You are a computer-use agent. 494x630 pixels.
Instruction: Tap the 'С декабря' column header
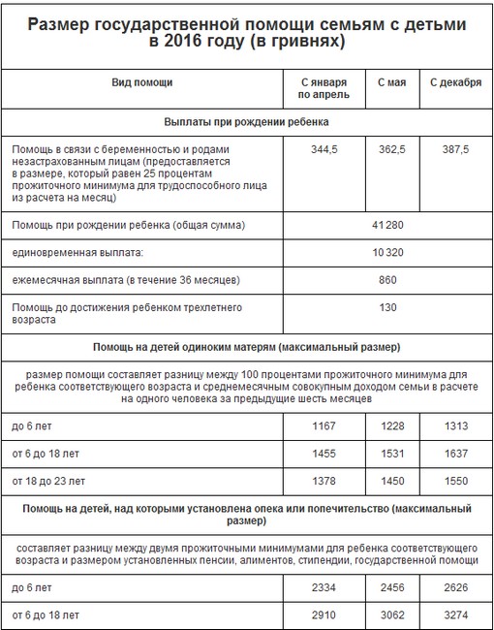click(455, 82)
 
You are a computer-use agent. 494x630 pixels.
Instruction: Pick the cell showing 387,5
click(455, 150)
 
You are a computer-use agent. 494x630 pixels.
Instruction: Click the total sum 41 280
click(386, 225)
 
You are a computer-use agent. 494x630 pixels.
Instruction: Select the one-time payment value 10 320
click(386, 252)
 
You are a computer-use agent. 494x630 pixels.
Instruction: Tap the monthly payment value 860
click(386, 280)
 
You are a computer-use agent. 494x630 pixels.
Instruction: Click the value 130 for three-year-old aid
click(386, 307)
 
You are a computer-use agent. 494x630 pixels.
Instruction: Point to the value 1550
click(455, 481)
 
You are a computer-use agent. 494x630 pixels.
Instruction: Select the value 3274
click(455, 614)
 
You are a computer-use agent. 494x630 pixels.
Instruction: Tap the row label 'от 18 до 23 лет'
click(48, 481)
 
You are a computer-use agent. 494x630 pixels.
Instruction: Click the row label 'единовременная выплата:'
click(77, 252)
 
